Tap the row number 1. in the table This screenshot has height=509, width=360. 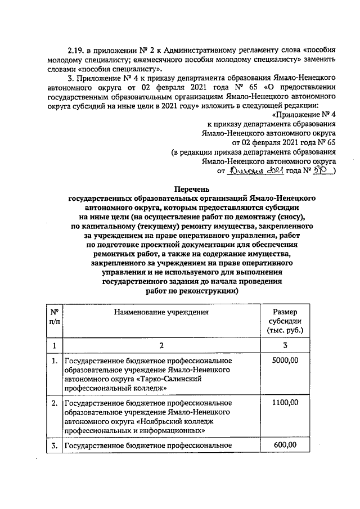(x=55, y=361)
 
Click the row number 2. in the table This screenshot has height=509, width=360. (x=55, y=402)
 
